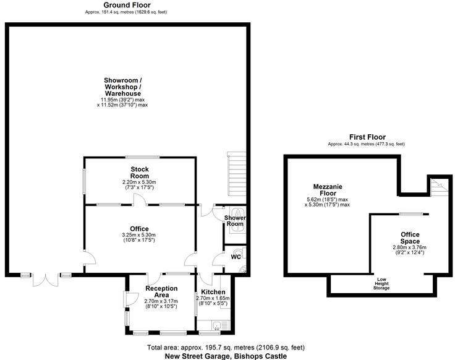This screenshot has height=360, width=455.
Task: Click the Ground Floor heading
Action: point(127,5)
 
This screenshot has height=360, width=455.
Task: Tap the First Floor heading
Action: point(367,137)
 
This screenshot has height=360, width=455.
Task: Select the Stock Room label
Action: point(140,173)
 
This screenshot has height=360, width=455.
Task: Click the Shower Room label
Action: point(235,221)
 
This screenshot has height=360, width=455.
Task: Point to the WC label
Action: point(236,257)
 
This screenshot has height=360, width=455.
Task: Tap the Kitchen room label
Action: point(213,292)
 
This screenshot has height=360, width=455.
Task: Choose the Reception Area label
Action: point(161,291)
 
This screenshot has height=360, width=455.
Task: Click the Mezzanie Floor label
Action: point(328,190)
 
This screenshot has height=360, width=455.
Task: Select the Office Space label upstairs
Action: point(410,238)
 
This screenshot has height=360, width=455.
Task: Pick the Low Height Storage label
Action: point(381,284)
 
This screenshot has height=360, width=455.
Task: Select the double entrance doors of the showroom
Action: point(45,280)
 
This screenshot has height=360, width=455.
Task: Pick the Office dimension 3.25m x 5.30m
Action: point(139,235)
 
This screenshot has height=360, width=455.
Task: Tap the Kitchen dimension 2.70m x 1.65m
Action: point(213,298)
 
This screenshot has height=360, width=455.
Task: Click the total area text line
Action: point(226,347)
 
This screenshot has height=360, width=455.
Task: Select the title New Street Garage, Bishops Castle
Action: point(226,356)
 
